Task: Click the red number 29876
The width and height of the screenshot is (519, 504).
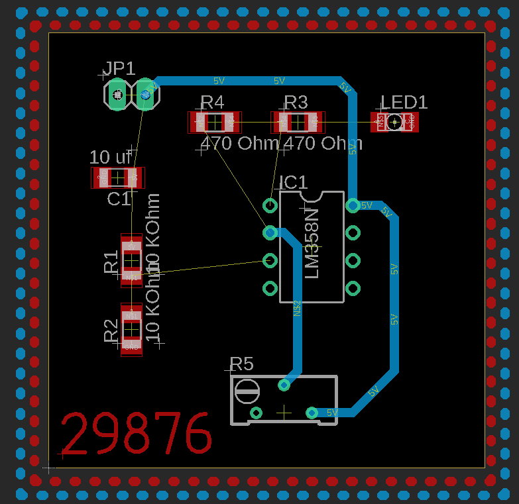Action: click(x=137, y=434)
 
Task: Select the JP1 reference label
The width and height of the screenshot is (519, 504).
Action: click(x=119, y=68)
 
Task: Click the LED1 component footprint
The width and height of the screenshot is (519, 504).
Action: click(x=395, y=122)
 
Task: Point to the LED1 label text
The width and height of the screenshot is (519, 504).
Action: click(x=404, y=102)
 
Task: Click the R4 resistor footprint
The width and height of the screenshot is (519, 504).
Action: click(x=215, y=122)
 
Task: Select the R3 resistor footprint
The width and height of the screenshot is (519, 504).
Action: click(x=298, y=122)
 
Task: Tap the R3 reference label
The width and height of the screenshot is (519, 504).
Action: click(x=296, y=102)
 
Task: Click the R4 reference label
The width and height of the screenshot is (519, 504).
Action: click(x=212, y=102)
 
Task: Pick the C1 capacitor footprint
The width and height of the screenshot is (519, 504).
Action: click(x=117, y=177)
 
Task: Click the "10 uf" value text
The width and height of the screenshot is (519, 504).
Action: click(x=111, y=158)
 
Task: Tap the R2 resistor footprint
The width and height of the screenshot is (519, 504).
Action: click(x=131, y=330)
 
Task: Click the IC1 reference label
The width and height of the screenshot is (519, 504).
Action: click(x=293, y=182)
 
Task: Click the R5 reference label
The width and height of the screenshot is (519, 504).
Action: click(x=241, y=364)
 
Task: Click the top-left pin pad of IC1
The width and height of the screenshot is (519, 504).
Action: click(x=270, y=205)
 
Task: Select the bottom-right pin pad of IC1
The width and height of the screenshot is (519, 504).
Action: click(x=353, y=289)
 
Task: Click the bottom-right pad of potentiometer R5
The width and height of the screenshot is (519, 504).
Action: click(x=312, y=413)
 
